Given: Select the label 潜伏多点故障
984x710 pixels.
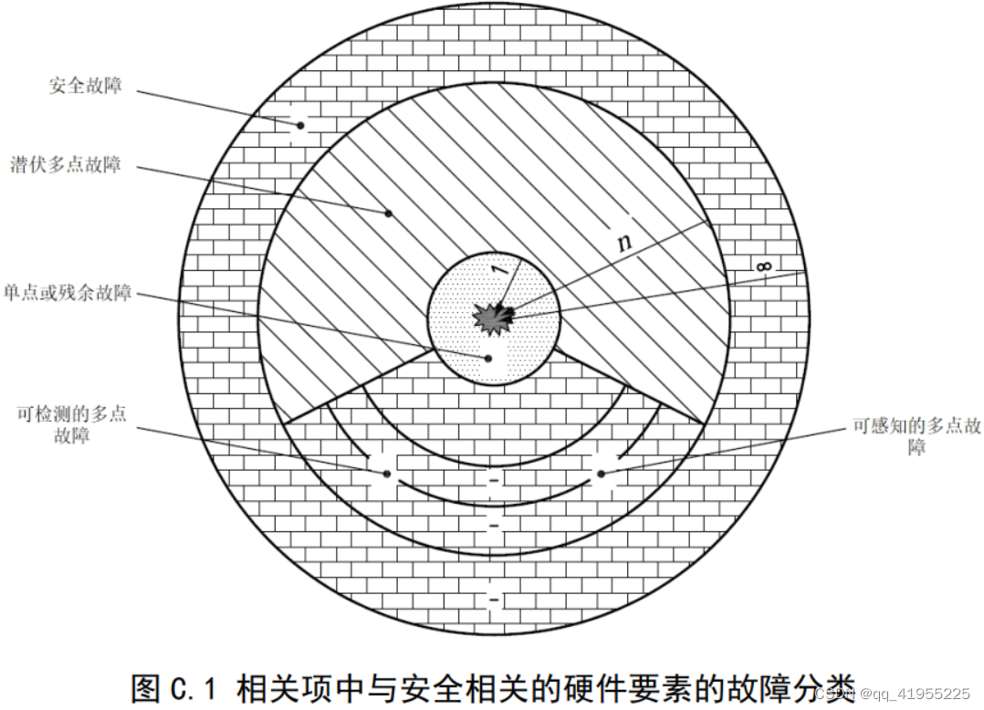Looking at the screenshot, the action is tap(79, 166).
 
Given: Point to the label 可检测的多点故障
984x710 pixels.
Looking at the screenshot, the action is tap(71, 424).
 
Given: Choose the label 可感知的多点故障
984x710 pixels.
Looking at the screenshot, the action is tap(916, 437).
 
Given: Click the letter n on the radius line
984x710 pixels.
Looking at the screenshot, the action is tap(623, 243).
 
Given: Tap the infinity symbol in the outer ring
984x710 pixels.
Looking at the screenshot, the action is tap(765, 266).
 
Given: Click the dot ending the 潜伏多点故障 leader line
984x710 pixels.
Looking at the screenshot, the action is tap(388, 214).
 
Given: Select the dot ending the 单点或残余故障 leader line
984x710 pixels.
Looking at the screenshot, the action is tap(488, 359).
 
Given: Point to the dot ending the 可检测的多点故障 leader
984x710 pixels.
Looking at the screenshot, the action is tap(387, 474).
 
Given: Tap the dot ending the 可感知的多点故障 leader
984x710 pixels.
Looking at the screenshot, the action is tap(601, 473).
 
